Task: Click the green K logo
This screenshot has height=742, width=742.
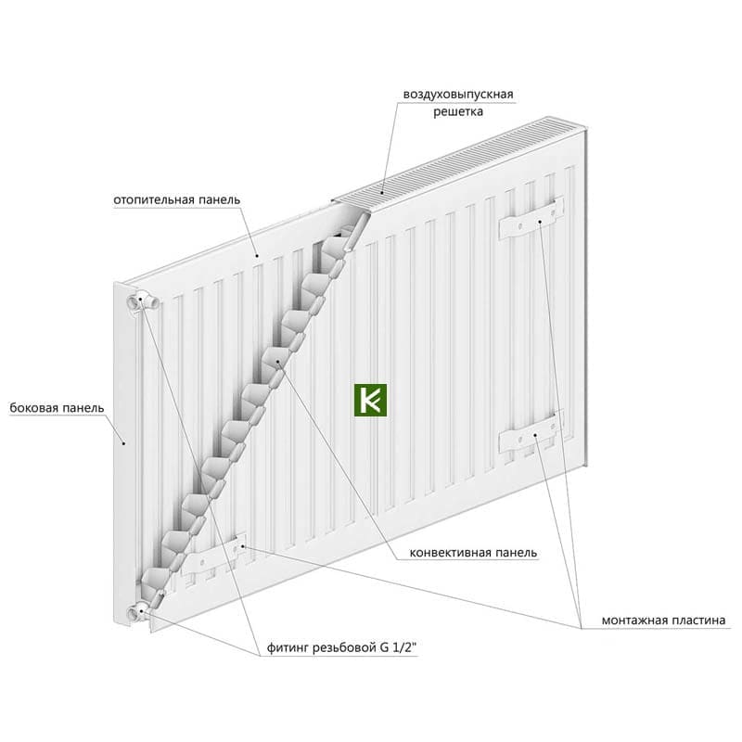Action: pyautogui.click(x=370, y=400)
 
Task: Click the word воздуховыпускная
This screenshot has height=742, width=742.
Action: pyautogui.click(x=458, y=95)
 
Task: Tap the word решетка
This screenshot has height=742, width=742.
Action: pyautogui.click(x=458, y=111)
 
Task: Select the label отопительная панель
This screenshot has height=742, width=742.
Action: pyautogui.click(x=176, y=199)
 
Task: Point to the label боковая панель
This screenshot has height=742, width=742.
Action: pyautogui.click(x=57, y=408)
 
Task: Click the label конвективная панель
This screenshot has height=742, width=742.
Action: pyautogui.click(x=473, y=552)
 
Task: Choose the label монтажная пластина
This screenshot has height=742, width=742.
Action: pyautogui.click(x=663, y=620)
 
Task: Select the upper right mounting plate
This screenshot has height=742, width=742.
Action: pyautogui.click(x=531, y=218)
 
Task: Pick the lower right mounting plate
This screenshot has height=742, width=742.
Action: pyautogui.click(x=531, y=431)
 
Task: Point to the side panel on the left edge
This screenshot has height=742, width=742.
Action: pyautogui.click(x=124, y=454)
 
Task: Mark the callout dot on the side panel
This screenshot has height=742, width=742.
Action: pyautogui.click(x=124, y=443)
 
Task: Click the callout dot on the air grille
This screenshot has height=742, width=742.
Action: pyautogui.click(x=382, y=193)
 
